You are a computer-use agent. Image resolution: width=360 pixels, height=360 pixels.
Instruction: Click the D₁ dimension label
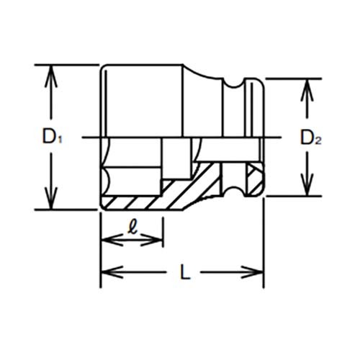point(52,136)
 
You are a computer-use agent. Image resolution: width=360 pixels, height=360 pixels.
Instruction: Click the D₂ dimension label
point(311,138)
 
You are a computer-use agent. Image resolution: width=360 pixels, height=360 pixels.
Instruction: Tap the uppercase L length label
point(185,272)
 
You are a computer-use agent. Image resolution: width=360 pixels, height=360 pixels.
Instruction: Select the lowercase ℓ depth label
point(132,228)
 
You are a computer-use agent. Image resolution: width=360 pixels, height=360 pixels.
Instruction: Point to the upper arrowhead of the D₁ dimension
point(51,76)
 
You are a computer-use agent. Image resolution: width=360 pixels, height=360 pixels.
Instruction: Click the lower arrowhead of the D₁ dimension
point(51,198)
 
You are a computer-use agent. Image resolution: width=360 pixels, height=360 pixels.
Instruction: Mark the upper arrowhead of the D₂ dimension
point(307,89)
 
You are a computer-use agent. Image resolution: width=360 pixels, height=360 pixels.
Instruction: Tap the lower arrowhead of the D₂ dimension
point(307,185)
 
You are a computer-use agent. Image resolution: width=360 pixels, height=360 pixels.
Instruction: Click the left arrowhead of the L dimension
point(112,272)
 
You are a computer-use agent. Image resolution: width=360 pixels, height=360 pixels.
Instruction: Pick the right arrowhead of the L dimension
point(252,272)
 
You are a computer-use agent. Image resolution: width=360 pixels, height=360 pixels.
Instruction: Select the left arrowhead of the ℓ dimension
point(112,239)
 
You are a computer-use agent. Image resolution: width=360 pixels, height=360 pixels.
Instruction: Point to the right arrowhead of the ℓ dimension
point(152,239)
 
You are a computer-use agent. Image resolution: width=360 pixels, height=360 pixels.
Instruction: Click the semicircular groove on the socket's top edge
point(233,84)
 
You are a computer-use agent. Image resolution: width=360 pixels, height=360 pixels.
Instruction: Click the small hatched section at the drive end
point(254,179)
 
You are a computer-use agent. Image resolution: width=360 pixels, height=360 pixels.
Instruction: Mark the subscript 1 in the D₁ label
point(60,140)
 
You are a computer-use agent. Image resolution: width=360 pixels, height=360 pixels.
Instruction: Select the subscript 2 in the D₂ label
point(318,141)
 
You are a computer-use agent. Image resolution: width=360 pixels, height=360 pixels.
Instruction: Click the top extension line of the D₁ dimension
point(67,65)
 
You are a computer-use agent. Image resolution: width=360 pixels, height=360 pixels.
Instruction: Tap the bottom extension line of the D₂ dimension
point(294,196)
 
